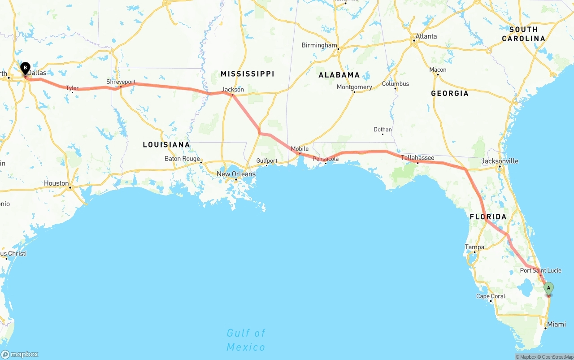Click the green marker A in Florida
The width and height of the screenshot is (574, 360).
click(x=548, y=288)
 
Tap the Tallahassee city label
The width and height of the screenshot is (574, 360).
click(x=417, y=158)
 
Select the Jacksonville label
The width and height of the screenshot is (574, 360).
click(x=500, y=161)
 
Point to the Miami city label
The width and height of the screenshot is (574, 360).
click(x=557, y=324)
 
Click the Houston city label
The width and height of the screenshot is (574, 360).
click(x=57, y=183)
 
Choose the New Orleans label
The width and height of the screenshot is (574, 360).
click(x=236, y=174)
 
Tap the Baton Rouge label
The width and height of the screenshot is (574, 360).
click(x=182, y=159)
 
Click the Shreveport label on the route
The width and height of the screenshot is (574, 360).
click(x=121, y=82)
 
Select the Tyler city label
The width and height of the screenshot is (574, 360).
click(x=72, y=88)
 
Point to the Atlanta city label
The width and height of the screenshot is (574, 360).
click(x=426, y=36)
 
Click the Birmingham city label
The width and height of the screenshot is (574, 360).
click(x=319, y=45)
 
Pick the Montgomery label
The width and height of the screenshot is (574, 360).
click(x=354, y=87)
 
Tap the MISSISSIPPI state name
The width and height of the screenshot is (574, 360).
click(x=247, y=74)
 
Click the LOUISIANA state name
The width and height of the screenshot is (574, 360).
click(x=166, y=144)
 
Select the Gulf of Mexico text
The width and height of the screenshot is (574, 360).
click(x=246, y=340)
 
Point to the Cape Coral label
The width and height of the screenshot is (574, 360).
click(x=491, y=296)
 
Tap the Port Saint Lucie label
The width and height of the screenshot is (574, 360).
click(x=537, y=270)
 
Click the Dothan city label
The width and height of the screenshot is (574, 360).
click(x=383, y=130)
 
